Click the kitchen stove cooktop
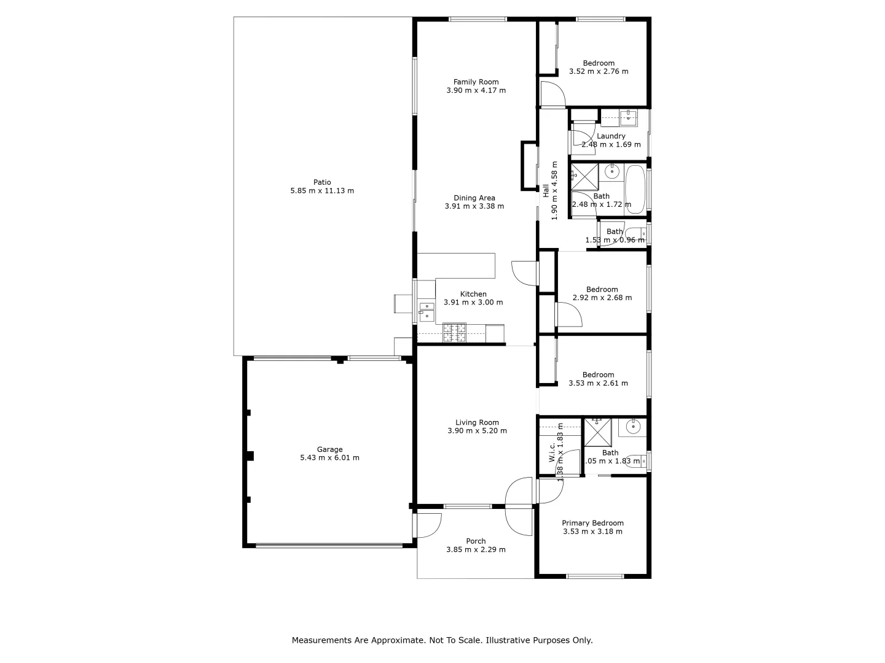[x=454, y=332]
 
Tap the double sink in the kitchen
[x=427, y=311]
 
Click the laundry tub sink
[x=627, y=117]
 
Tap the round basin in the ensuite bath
[x=632, y=427]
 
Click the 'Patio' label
[x=322, y=182]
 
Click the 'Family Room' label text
[x=476, y=82]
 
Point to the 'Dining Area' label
[x=474, y=198]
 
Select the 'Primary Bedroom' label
[x=592, y=523]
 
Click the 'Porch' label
[x=476, y=541]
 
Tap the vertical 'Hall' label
[x=546, y=190]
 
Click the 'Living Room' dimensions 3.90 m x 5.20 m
[x=477, y=431]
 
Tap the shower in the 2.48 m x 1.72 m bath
[x=584, y=177]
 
